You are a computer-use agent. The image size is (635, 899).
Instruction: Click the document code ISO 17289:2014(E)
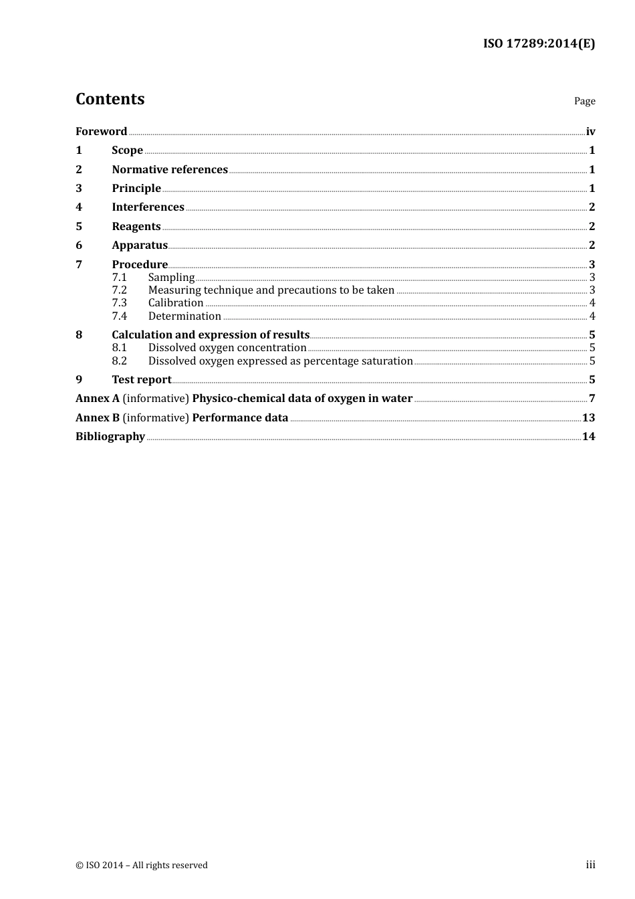tap(539, 44)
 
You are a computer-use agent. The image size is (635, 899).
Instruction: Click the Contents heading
tap(110, 99)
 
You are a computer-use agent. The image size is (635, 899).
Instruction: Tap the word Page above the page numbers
tap(584, 101)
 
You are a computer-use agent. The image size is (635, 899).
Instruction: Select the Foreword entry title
tap(101, 131)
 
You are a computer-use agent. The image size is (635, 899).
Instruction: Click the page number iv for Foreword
tap(590, 132)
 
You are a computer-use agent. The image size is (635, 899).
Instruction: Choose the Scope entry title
tap(127, 151)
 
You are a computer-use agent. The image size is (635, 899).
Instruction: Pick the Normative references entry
tap(170, 170)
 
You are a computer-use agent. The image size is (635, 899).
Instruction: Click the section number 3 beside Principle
tap(79, 189)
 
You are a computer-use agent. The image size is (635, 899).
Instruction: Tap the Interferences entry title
tap(148, 207)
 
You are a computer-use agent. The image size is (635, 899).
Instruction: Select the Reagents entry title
tap(136, 227)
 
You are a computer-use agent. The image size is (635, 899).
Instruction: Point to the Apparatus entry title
tap(140, 245)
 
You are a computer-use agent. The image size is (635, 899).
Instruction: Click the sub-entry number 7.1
tap(119, 278)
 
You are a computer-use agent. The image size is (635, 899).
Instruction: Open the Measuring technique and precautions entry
tap(271, 290)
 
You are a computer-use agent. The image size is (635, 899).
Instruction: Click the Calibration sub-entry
tap(176, 303)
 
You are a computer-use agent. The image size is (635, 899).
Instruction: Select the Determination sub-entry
tap(184, 316)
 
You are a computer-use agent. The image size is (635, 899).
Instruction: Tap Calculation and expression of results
tap(211, 335)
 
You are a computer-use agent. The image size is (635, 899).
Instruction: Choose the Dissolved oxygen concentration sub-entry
tap(227, 348)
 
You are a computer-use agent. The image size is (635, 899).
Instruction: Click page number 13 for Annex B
tap(588, 418)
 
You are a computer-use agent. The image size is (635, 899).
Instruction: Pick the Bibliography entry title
tap(110, 437)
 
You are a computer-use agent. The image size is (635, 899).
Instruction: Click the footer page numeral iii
tap(590, 865)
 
